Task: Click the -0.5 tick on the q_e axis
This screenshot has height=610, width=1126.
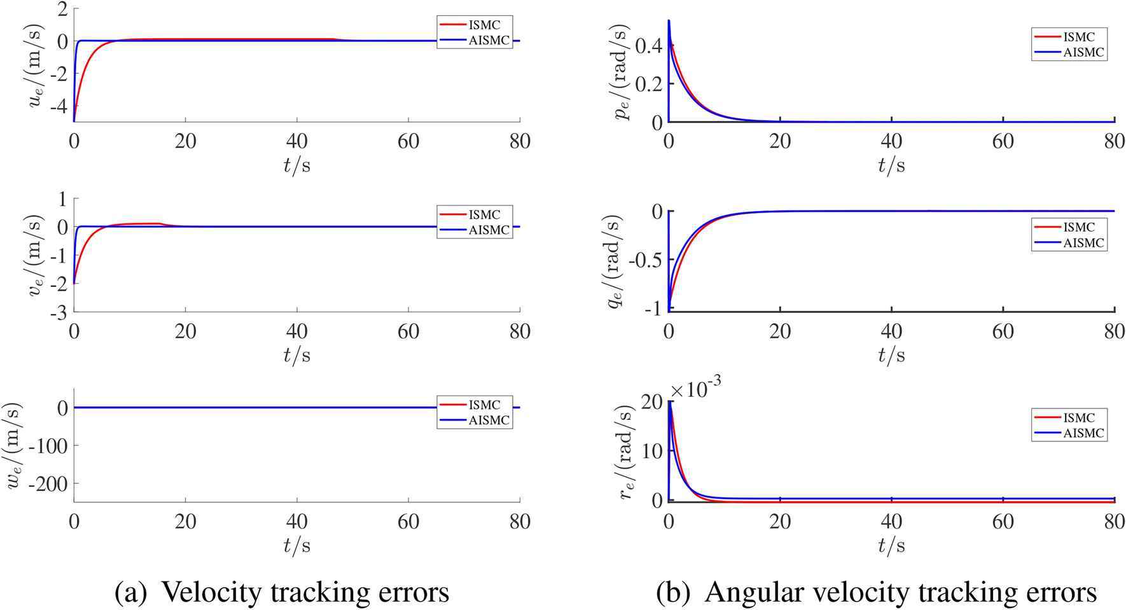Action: pyautogui.click(x=644, y=260)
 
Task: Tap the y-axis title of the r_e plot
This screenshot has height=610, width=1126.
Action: pyautogui.click(x=627, y=452)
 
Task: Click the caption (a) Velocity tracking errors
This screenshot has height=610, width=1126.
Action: pyautogui.click(x=282, y=592)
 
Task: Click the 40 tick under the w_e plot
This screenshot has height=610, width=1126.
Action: pyautogui.click(x=297, y=522)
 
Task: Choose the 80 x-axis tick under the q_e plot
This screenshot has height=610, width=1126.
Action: pyautogui.click(x=1114, y=331)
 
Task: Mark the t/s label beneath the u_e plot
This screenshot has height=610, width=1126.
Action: pyautogui.click(x=297, y=165)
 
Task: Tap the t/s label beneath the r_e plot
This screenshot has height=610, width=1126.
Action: pyautogui.click(x=891, y=546)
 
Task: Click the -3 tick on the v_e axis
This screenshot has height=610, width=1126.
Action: pyautogui.click(x=58, y=312)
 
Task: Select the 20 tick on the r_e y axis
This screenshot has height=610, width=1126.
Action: pyautogui.click(x=650, y=402)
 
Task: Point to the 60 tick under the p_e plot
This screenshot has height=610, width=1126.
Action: pyautogui.click(x=1003, y=141)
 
